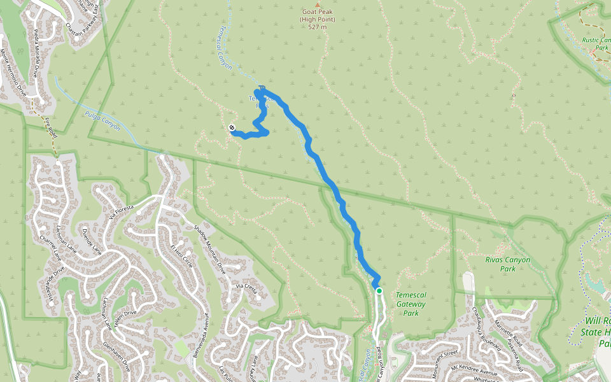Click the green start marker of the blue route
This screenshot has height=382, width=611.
[379, 291]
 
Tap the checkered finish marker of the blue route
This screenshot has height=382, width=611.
[232, 127]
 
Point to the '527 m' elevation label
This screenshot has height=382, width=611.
[317, 27]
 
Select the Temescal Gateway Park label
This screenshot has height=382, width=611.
[411, 304]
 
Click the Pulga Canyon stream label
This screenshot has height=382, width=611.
[102, 119]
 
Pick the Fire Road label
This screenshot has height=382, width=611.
[50, 127]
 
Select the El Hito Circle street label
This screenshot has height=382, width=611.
[181, 255]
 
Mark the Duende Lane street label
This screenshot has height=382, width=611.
[92, 243]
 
